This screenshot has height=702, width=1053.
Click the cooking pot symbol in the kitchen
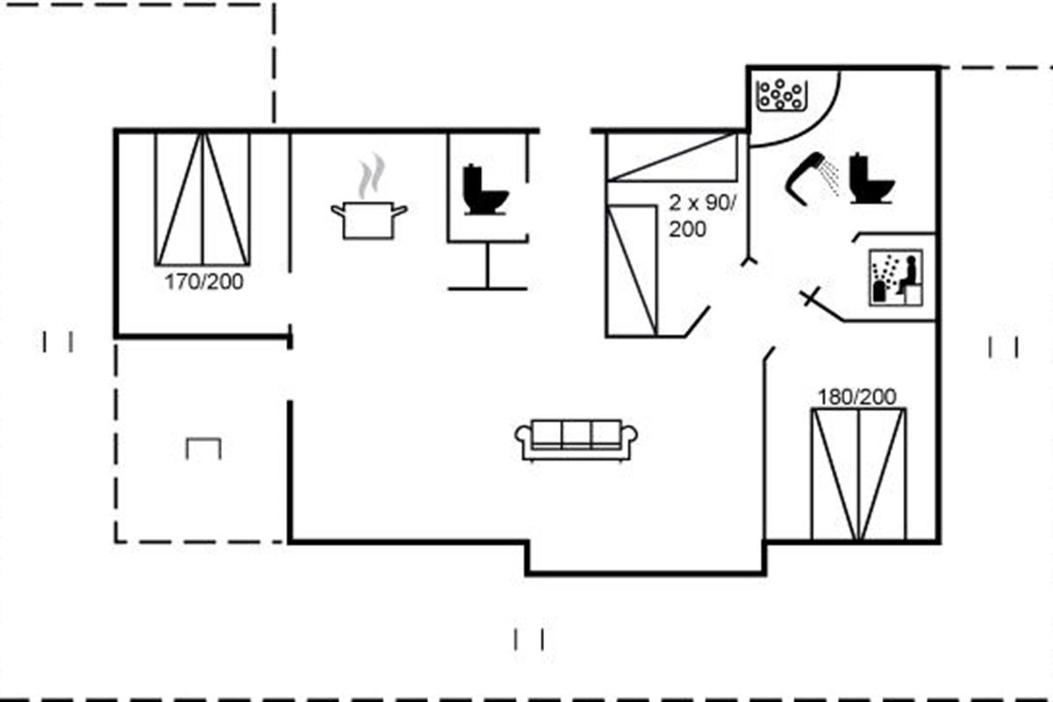[x=369, y=220]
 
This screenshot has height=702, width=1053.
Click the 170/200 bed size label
[x=204, y=283]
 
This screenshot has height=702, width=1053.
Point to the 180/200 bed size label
[x=857, y=397]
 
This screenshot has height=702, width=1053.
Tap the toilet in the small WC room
[x=485, y=190]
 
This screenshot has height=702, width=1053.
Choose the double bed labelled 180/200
[x=858, y=474]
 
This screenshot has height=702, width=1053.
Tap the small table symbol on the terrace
[x=204, y=448]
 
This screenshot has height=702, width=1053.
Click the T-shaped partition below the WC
[x=488, y=267]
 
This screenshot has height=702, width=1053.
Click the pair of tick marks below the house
[x=529, y=639]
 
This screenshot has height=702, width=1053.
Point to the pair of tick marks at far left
[x=57, y=341]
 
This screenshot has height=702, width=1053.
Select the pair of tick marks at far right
[x=1003, y=347]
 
